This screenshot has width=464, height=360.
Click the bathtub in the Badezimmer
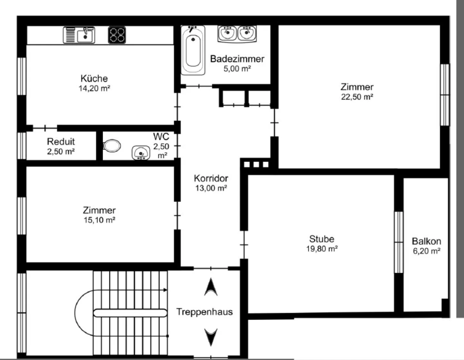point(193,51)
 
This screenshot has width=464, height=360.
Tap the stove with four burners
point(117,35)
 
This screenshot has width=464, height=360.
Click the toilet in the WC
point(112,146)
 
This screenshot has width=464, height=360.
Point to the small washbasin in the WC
point(141,153)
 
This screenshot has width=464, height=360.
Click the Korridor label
point(211,178)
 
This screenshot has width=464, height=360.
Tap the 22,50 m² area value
point(357,97)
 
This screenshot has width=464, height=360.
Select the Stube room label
point(322,239)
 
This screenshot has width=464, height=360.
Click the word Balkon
point(426,241)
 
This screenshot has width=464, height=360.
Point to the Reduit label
point(61,141)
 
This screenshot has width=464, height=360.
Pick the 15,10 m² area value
point(100,220)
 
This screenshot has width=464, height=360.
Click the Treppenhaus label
point(204,312)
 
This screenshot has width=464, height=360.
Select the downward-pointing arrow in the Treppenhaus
point(211,337)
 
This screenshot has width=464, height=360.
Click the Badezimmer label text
point(237,59)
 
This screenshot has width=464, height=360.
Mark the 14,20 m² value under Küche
point(94,88)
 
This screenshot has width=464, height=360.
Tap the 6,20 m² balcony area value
point(427,251)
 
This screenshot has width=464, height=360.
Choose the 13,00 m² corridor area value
point(211,188)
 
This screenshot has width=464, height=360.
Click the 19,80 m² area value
point(322,249)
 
